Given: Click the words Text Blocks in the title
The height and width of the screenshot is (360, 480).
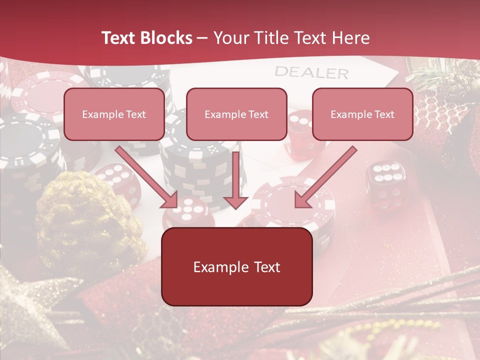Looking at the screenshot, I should pyautogui.click(x=146, y=38).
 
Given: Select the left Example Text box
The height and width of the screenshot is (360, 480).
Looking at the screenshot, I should pyautogui.click(x=114, y=114).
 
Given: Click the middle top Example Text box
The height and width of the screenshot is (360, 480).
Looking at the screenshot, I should pyautogui.click(x=236, y=114).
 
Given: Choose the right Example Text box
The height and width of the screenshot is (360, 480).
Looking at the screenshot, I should pyautogui.click(x=362, y=114).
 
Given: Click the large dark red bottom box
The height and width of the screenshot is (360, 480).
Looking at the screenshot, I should pyautogui.click(x=236, y=267).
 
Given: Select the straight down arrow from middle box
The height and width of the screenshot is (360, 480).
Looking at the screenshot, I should pyautogui.click(x=235, y=180).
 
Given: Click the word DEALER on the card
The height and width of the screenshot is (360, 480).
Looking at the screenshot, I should pyautogui.click(x=311, y=73).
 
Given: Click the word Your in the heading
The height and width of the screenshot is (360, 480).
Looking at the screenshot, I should pyautogui.click(x=230, y=38).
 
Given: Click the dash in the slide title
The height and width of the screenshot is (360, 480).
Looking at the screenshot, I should pyautogui.click(x=202, y=38).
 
